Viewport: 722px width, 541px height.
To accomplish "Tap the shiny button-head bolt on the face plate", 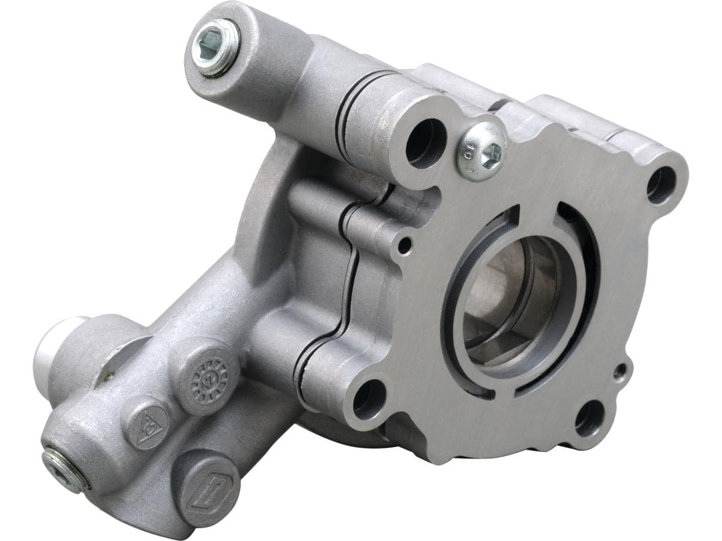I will click(481, 151).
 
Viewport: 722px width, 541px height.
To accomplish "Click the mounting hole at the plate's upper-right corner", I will click(661, 185).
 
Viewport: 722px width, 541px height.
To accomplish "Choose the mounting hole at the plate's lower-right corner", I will click(589, 418).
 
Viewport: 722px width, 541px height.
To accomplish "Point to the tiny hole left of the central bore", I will click(406, 245).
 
